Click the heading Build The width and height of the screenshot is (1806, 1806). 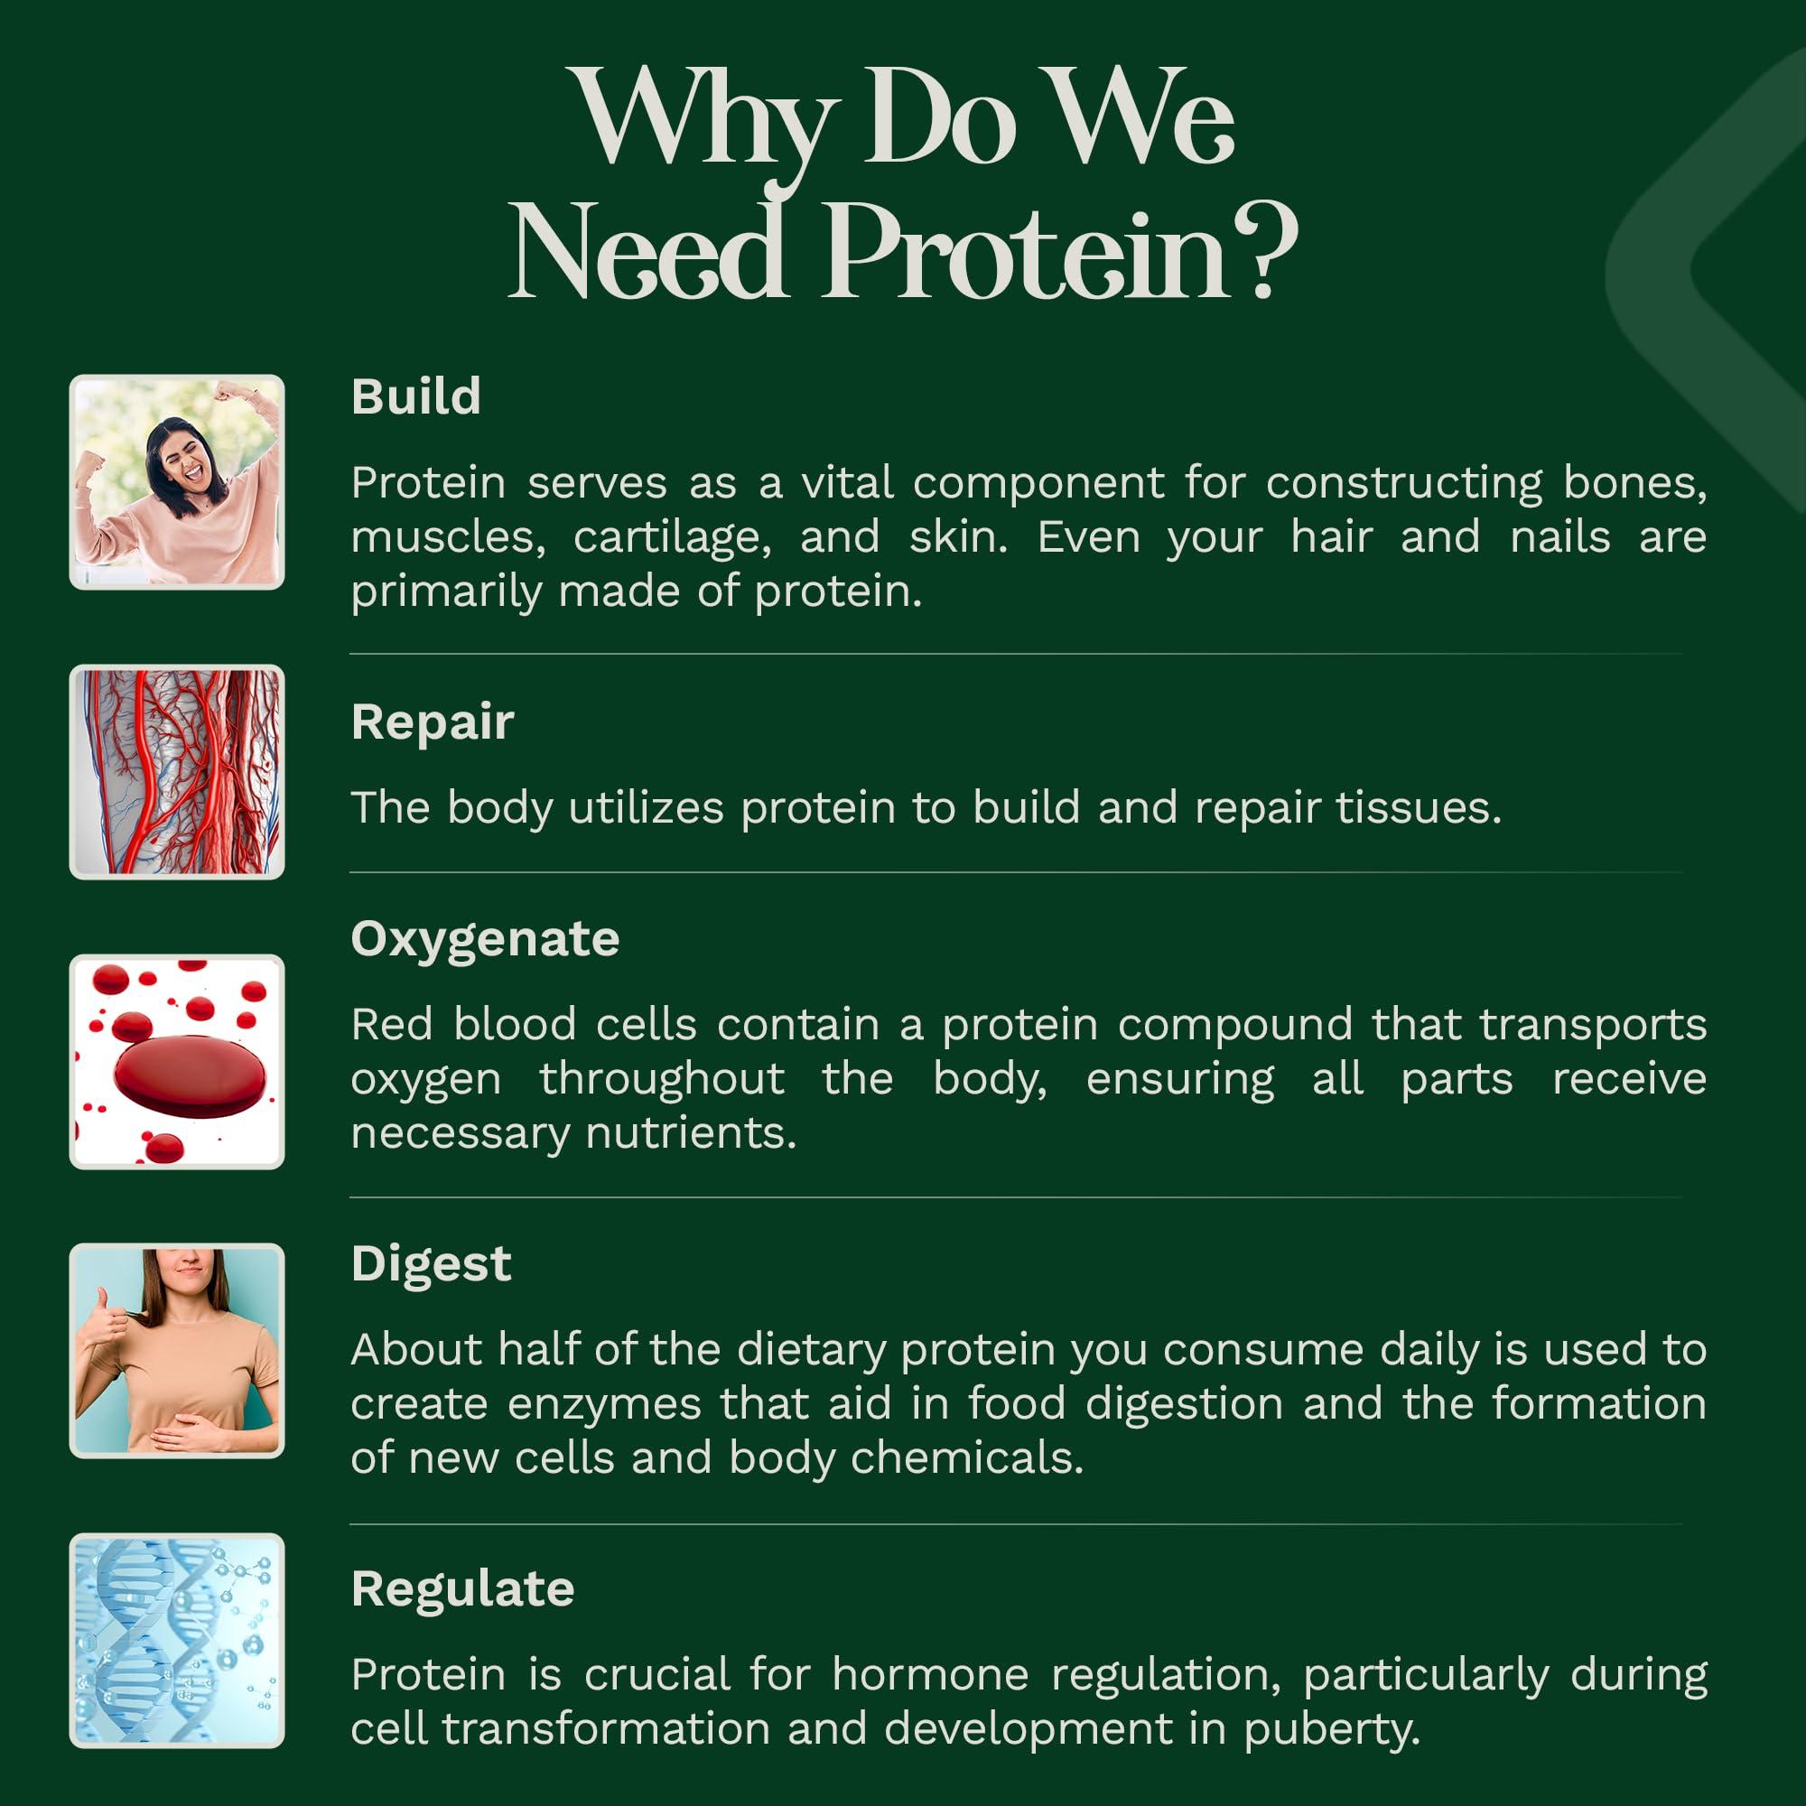click(416, 396)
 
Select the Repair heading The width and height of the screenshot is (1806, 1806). click(433, 722)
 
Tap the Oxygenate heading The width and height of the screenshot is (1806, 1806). click(485, 939)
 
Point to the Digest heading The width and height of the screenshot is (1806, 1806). click(431, 1265)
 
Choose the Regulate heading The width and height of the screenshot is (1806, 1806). click(462, 1589)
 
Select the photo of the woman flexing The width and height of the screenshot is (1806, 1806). click(177, 482)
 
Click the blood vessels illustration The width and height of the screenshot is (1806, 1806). click(177, 772)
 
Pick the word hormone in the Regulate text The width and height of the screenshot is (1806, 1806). click(930, 1675)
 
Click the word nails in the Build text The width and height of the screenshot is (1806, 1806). click(1560, 536)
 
